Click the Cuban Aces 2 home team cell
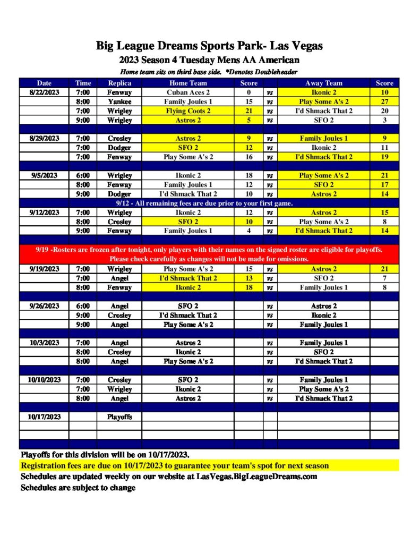pyautogui.click(x=188, y=92)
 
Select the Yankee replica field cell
pyautogui.click(x=119, y=101)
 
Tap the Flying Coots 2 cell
pyautogui.click(x=188, y=111)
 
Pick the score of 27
pyautogui.click(x=384, y=101)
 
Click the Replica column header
pyautogui.click(x=119, y=83)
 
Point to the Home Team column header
pyautogui.click(x=188, y=83)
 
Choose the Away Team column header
pyautogui.click(x=323, y=83)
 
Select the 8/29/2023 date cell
pyautogui.click(x=44, y=138)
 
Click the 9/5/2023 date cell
pyautogui.click(x=44, y=175)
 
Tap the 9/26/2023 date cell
pyautogui.click(x=44, y=306)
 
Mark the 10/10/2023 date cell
pyautogui.click(x=44, y=380)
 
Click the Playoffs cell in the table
pyautogui.click(x=119, y=417)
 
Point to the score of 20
pyautogui.click(x=384, y=111)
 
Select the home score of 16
pyautogui.click(x=248, y=157)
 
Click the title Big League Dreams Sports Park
pyautogui.click(x=209, y=46)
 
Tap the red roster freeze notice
pyautogui.click(x=209, y=254)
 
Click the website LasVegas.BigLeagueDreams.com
pyautogui.click(x=256, y=477)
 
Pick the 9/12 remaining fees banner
pyautogui.click(x=204, y=203)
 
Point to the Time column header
pyautogui.click(x=83, y=83)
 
